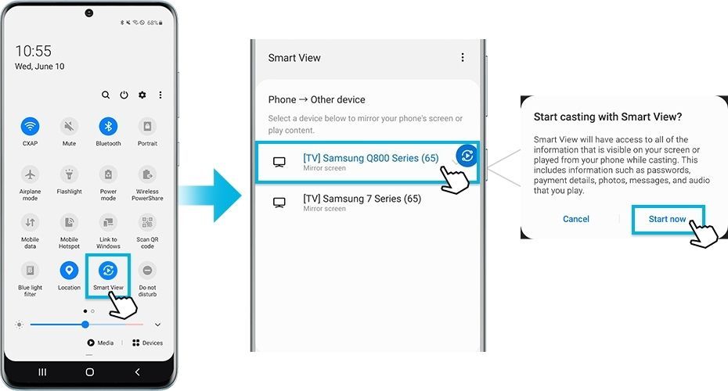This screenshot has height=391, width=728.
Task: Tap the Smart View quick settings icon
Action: (108, 271)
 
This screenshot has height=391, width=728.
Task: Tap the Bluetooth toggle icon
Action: (108, 126)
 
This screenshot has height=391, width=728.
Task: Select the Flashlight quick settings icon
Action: (69, 174)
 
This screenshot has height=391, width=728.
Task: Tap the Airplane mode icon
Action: (31, 174)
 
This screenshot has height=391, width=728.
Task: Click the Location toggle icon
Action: (69, 271)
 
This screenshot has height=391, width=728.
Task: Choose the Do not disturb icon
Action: (146, 271)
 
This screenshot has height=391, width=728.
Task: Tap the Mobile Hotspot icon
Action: (69, 222)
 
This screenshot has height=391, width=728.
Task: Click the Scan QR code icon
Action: (146, 222)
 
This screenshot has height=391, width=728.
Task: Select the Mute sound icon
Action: (69, 126)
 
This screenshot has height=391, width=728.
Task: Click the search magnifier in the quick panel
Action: (106, 95)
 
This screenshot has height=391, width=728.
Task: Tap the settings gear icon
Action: (142, 95)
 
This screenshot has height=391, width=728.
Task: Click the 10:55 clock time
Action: (34, 52)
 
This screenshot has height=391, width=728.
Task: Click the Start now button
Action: (668, 219)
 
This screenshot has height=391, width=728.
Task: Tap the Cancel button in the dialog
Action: (576, 219)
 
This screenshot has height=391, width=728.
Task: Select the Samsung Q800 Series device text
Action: (370, 158)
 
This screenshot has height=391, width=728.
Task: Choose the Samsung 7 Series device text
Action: (362, 199)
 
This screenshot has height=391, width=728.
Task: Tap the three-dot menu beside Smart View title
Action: (463, 58)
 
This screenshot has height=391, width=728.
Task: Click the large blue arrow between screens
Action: (208, 195)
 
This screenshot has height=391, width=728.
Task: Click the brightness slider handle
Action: (85, 324)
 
